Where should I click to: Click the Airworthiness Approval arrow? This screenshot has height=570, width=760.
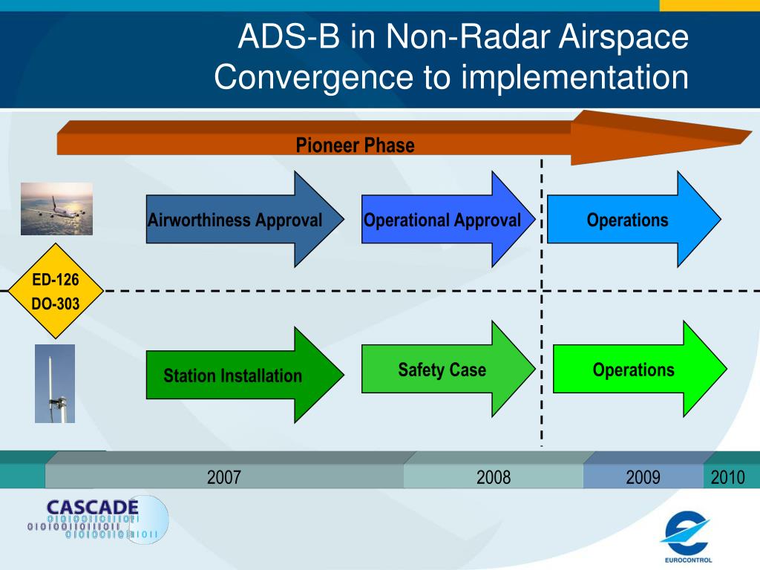tap(245, 219)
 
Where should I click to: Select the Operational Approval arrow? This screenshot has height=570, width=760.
tap(448, 219)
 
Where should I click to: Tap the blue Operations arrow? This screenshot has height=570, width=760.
tap(634, 219)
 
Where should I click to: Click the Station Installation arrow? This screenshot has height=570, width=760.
tap(245, 375)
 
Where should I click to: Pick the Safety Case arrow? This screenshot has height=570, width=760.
tap(448, 369)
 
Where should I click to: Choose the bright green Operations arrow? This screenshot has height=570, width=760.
tap(640, 369)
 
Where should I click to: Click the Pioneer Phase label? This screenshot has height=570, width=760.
tap(356, 145)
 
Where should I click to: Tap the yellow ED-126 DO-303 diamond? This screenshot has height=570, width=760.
tap(56, 291)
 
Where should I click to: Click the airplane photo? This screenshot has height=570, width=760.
tap(56, 209)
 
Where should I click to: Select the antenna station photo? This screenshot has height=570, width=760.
tap(55, 384)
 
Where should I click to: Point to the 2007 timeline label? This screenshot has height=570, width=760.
tap(224, 477)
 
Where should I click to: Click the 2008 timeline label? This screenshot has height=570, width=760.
tap(494, 477)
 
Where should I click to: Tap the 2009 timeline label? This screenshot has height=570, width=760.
tap(643, 477)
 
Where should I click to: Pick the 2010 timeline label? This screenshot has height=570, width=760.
tap(727, 477)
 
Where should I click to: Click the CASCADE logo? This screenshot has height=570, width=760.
tap(98, 520)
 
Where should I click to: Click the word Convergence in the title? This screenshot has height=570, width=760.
tap(314, 77)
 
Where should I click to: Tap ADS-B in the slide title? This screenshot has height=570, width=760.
tap(289, 36)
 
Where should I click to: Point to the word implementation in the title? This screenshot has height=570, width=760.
tap(575, 77)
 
